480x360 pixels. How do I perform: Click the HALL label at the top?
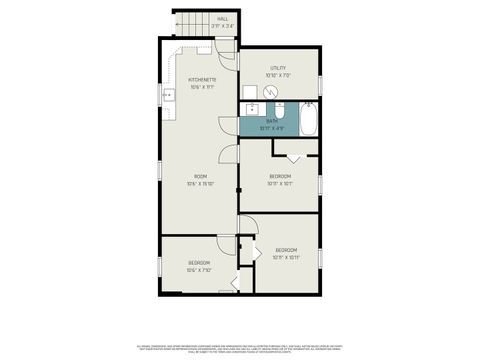tap(222, 18)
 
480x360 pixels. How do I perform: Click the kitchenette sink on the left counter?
tap(168, 97)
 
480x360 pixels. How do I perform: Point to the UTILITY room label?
tap(278, 68)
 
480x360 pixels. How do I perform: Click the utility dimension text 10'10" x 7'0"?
tap(278, 75)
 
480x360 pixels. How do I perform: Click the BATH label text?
tap(272, 121)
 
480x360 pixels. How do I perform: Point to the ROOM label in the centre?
tap(200, 177)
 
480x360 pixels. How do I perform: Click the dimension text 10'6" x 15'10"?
tap(200, 184)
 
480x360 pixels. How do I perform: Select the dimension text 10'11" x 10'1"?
tap(280, 184)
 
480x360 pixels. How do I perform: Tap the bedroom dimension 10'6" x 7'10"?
tap(198, 270)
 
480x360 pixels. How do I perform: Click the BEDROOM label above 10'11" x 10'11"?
tap(287, 249)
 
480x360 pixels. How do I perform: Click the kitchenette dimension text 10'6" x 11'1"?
tap(203, 87)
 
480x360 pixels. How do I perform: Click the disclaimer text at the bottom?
tap(240, 347)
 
